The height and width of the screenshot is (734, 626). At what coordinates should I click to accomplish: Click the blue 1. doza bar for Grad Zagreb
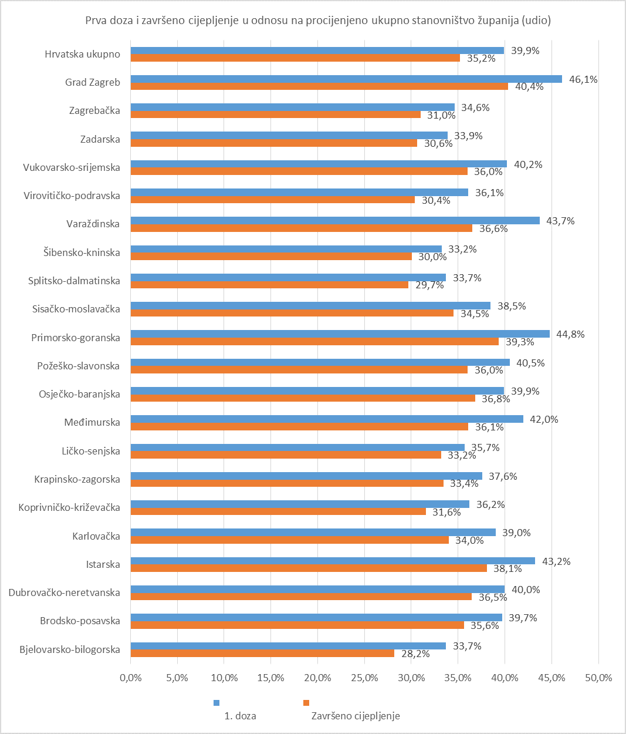pyautogui.click(x=346, y=79)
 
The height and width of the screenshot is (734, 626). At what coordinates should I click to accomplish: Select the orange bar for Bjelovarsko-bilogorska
pyautogui.click(x=262, y=654)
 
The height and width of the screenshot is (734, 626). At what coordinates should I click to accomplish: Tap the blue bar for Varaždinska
pyautogui.click(x=335, y=221)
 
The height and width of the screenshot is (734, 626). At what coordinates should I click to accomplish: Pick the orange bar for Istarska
pyautogui.click(x=309, y=568)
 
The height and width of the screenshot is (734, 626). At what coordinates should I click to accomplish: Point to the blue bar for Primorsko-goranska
pyautogui.click(x=340, y=334)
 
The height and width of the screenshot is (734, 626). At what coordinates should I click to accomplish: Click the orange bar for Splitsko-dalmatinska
pyautogui.click(x=269, y=285)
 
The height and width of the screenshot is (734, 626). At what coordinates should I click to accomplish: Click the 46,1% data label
pyautogui.click(x=583, y=79)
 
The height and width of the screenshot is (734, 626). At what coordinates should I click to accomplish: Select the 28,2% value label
pyautogui.click(x=415, y=654)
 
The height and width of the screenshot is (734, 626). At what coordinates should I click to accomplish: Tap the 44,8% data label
pyautogui.click(x=570, y=334)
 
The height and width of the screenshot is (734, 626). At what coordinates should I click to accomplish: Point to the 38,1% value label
pyautogui.click(x=507, y=568)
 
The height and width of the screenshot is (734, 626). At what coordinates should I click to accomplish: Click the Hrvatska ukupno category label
pyautogui.click(x=82, y=54)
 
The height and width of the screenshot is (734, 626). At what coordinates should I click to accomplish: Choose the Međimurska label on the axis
pyautogui.click(x=92, y=422)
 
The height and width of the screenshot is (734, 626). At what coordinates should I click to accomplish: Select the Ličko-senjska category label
pyautogui.click(x=91, y=451)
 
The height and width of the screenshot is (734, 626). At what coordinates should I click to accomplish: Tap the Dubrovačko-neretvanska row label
pyautogui.click(x=64, y=592)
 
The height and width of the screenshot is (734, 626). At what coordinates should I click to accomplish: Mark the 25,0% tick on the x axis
pyautogui.click(x=364, y=678)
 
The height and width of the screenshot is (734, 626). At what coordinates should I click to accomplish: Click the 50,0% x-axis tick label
pyautogui.click(x=598, y=678)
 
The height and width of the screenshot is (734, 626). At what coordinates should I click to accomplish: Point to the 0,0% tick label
pyautogui.click(x=130, y=678)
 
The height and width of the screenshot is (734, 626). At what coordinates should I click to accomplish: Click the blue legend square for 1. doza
pyautogui.click(x=216, y=703)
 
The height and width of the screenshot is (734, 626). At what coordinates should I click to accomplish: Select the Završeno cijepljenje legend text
pyautogui.click(x=356, y=716)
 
